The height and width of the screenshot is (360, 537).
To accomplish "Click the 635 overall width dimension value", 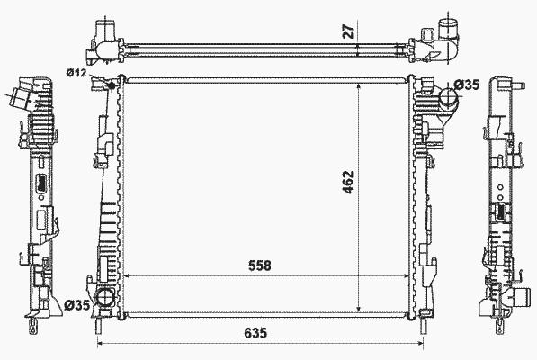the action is click(255, 333).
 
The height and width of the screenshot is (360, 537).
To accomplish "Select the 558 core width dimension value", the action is click(260, 265).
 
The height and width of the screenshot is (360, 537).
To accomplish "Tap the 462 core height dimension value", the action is click(348, 182).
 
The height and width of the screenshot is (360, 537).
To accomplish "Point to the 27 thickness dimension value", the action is click(348, 31).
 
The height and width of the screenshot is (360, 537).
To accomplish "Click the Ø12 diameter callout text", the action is click(76, 73).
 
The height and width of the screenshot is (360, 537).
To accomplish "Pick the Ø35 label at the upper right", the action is click(467, 85).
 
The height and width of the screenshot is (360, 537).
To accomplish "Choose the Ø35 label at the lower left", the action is click(77, 304).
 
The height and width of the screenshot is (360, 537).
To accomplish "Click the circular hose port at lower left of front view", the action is click(104, 297).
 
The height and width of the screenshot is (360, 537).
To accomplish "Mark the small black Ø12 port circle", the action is click(112, 85).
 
